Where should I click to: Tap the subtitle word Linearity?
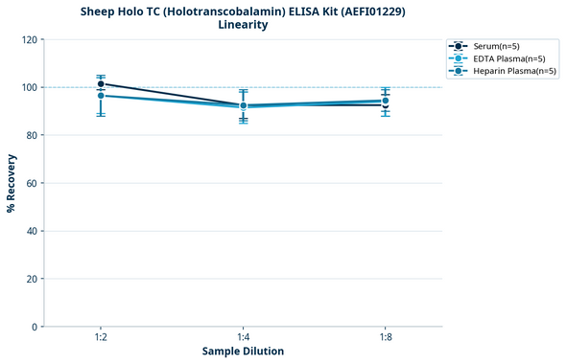point(243,25)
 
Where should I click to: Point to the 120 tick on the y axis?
point(29,39)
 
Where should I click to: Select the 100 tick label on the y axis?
point(29,87)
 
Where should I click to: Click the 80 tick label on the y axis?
point(32,135)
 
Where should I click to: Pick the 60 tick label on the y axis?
point(32,183)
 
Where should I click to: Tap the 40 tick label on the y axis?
point(32,231)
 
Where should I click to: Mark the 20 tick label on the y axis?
point(32,279)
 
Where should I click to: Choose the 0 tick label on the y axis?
point(35,327)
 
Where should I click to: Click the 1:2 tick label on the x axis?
point(101,336)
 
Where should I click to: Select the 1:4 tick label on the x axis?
point(243,336)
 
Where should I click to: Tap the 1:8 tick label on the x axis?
point(385,336)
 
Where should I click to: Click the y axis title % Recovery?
point(12,183)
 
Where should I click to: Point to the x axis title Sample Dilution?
point(243,352)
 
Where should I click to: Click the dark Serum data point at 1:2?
point(101,84)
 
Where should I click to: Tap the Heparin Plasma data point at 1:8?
point(385,101)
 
